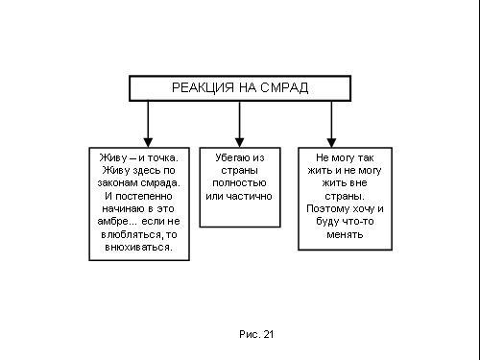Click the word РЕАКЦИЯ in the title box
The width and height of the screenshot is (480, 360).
[x=203, y=87]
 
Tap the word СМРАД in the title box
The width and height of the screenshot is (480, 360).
[x=284, y=87]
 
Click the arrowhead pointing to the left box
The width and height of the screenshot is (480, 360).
[x=148, y=143]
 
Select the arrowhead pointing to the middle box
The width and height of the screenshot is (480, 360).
[x=239, y=143]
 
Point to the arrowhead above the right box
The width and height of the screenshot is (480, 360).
[x=331, y=143]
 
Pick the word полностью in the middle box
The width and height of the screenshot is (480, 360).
[x=239, y=183]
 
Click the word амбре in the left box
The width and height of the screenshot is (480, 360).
[x=112, y=222]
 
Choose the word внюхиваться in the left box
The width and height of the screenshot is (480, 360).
[x=137, y=248]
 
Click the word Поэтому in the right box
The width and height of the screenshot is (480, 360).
[x=328, y=209]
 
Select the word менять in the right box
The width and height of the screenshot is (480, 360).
[x=345, y=234]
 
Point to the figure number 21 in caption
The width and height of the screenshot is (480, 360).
[x=268, y=334]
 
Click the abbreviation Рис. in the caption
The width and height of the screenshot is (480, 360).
[x=250, y=334]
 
